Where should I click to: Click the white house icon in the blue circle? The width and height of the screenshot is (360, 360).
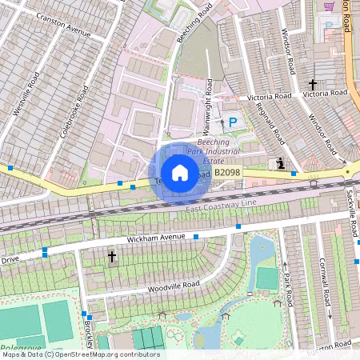pyautogui.click(x=180, y=173)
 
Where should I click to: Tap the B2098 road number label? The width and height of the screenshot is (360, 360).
pyautogui.click(x=227, y=173)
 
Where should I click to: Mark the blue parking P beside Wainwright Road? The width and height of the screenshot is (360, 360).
pyautogui.click(x=233, y=122)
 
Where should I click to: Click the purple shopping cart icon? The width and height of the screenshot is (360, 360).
pyautogui.click(x=329, y=7)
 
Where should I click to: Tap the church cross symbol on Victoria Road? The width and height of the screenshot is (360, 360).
pyautogui.click(x=313, y=84)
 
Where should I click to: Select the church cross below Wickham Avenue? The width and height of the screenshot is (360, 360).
pyautogui.click(x=112, y=257)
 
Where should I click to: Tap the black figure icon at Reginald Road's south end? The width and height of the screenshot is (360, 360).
pyautogui.click(x=280, y=163)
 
